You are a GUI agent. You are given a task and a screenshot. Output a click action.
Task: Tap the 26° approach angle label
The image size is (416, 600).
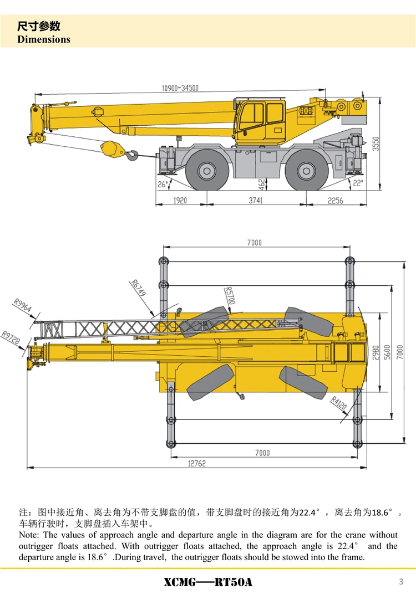(x=162, y=184)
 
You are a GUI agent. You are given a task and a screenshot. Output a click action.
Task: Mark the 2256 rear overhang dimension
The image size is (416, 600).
(x=335, y=201)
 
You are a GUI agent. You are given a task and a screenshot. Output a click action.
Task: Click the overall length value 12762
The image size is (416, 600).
(x=194, y=463)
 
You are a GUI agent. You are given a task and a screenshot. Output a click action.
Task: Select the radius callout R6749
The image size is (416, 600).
(x=139, y=288)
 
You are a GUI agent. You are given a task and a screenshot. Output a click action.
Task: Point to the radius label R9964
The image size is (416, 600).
(x=23, y=307)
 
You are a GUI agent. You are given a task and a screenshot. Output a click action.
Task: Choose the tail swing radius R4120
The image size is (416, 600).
(x=338, y=403)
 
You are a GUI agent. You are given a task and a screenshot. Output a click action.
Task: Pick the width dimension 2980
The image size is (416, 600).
(x=376, y=353)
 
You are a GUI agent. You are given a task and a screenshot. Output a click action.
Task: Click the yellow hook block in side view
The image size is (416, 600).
(x=110, y=148)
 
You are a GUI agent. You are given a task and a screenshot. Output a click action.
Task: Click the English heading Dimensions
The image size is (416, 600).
(x=44, y=39)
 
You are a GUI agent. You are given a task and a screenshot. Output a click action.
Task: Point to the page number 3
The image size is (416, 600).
(x=400, y=581)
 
